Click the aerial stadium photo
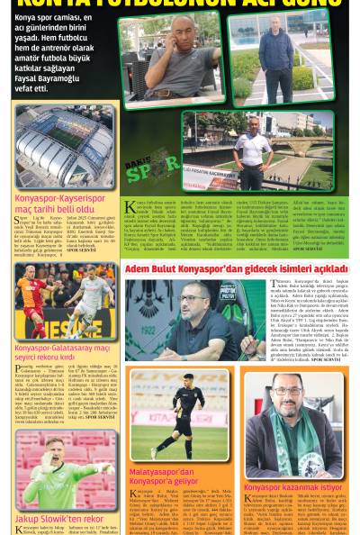pos(65,147)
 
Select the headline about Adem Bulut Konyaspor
pos(236,268)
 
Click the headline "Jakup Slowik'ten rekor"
pos(59,519)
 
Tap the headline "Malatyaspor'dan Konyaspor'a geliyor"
pos(162,476)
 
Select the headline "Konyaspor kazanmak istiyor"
pos(292,487)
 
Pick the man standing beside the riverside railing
pos(254,147)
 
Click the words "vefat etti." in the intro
pos(31,88)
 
